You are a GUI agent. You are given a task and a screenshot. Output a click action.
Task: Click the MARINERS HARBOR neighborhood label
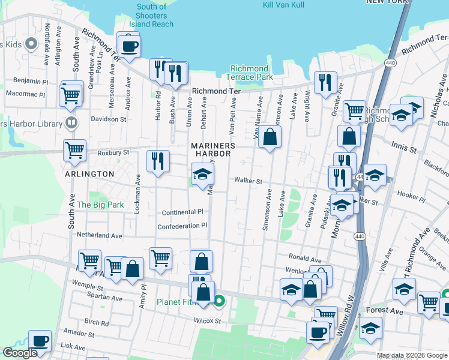212,149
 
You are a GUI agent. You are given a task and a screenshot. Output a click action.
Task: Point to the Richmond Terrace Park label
249,73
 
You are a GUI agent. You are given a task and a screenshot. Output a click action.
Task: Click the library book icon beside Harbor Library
71,124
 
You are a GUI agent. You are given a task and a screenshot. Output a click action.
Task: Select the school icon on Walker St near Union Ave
202,175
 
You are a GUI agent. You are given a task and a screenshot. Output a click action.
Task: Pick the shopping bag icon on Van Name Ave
271,137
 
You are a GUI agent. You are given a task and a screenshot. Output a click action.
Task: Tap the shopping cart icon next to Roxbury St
74,151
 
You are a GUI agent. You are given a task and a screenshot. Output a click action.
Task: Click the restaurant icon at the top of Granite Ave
325,83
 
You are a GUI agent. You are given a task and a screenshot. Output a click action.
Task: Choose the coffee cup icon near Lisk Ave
40,340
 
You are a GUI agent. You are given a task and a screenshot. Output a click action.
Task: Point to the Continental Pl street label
182,212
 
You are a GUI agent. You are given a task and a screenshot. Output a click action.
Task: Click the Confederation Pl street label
182,226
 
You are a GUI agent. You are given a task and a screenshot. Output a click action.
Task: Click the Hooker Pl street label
411,196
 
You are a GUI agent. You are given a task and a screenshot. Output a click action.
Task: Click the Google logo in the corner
20,353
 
